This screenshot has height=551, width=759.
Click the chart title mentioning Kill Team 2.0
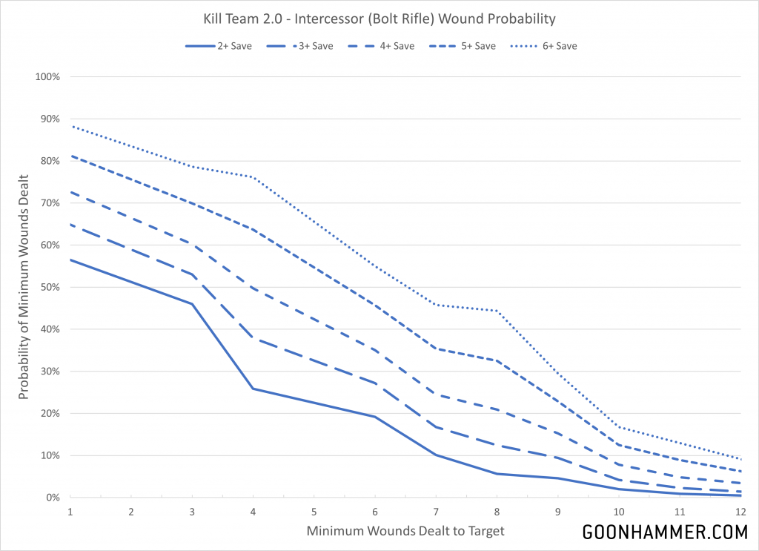[x=379, y=18]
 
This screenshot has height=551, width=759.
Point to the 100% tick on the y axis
[x=48, y=77]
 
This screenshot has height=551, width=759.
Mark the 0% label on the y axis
[x=53, y=498]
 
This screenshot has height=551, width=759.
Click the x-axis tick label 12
[x=740, y=512]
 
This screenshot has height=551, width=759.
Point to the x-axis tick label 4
[x=253, y=512]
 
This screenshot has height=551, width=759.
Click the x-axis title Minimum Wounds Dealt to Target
[x=405, y=531]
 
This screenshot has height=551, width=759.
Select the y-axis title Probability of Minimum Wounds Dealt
[x=24, y=287]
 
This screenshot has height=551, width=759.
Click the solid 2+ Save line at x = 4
[x=253, y=389]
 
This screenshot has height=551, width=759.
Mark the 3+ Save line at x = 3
[x=192, y=274]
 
